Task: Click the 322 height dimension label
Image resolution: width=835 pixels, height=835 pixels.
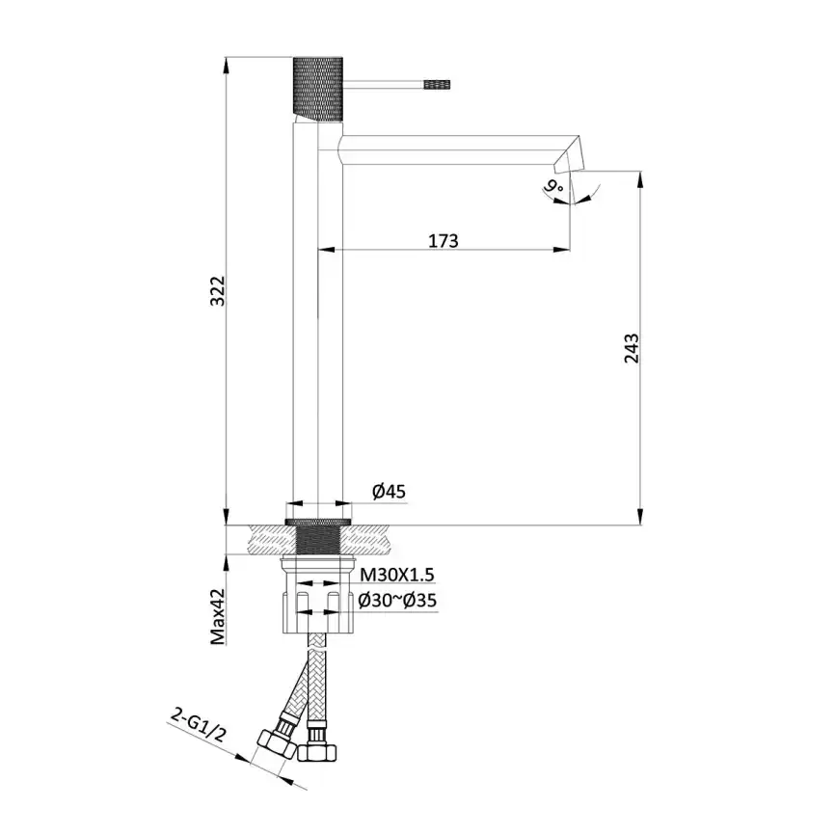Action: pos(218,290)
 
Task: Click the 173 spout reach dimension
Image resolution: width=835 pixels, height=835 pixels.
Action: pos(443,240)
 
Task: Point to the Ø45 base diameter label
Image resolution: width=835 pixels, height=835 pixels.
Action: pos(390,492)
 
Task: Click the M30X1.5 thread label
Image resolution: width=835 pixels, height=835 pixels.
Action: pos(397,575)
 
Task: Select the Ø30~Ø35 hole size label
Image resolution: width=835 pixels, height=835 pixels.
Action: pos(397,600)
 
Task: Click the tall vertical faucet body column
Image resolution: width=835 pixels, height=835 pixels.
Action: pos(316,318)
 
